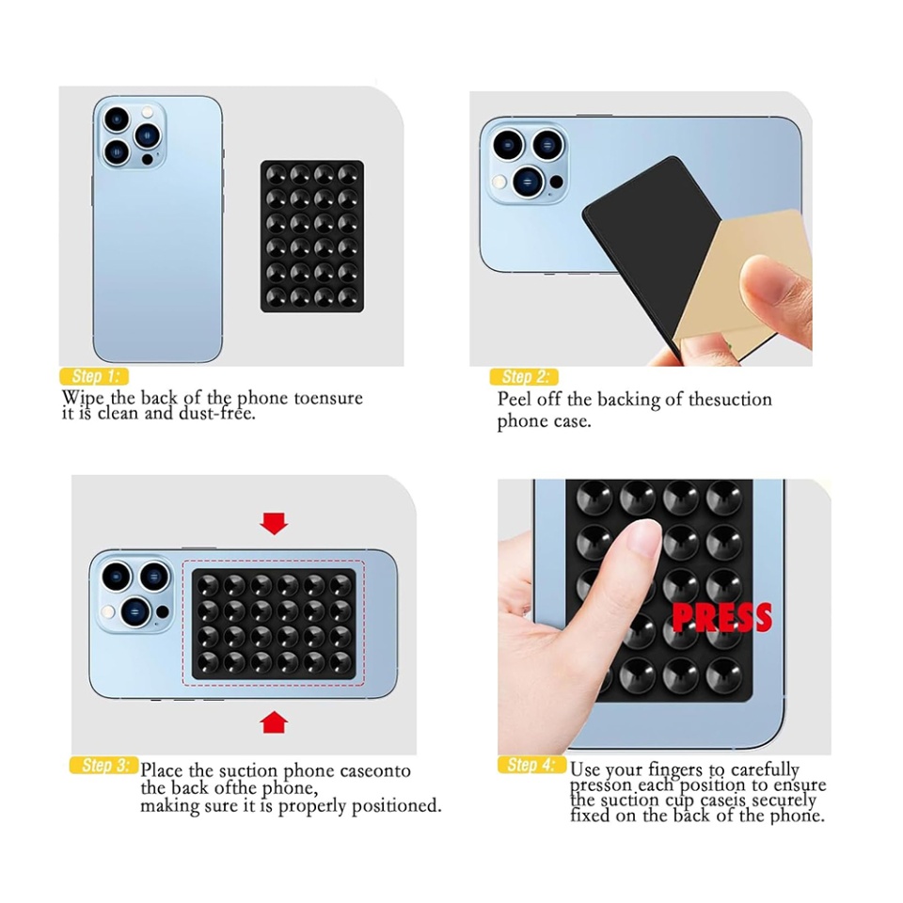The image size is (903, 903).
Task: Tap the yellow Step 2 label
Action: (524, 377)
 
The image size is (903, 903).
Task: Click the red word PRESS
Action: (721, 618)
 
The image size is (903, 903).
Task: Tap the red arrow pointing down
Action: (274, 523)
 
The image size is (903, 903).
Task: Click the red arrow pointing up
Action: (274, 722)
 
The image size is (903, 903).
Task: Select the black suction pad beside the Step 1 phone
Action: (311, 236)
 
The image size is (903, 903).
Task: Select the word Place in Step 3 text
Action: (162, 771)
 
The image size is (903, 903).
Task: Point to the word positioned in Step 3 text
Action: (396, 807)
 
